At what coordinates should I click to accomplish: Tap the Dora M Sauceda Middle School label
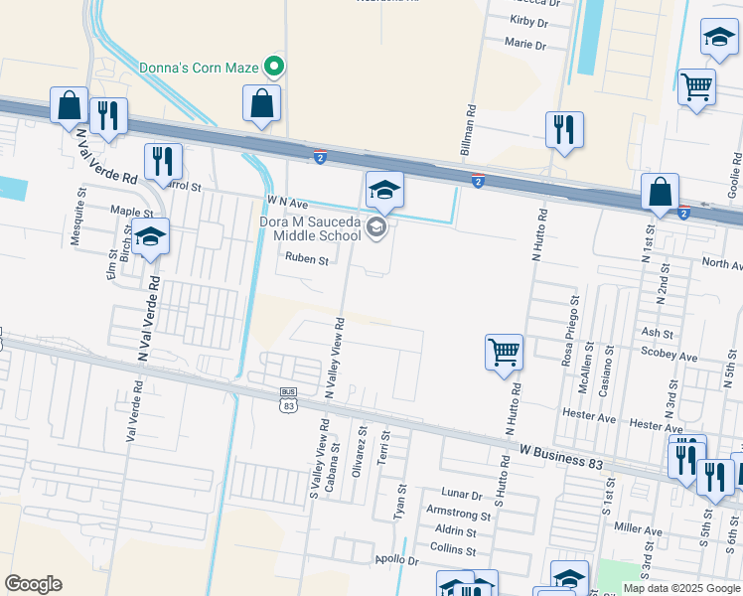coord(310,228)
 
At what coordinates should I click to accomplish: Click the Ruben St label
coord(306,259)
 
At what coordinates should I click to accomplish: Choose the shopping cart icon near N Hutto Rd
coord(504,351)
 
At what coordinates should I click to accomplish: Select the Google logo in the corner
coord(33,583)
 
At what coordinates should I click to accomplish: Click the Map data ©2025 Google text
coord(680,588)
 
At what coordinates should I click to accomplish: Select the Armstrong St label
coord(458,516)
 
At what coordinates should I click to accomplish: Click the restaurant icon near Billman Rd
coord(563,129)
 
